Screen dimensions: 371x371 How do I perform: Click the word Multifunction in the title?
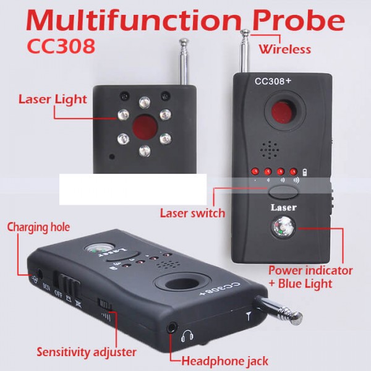pyautogui.click(x=134, y=20)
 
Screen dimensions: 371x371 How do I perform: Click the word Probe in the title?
pyautogui.click(x=298, y=20)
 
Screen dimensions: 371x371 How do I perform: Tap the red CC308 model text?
pyautogui.click(x=61, y=46)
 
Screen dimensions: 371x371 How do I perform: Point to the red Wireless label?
pyautogui.click(x=285, y=49)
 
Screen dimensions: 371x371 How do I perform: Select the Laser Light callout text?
pyautogui.click(x=53, y=100)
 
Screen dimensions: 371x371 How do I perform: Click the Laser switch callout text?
pyautogui.click(x=192, y=213)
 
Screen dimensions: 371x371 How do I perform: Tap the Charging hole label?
pyautogui.click(x=38, y=228)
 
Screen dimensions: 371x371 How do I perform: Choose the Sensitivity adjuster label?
pyautogui.click(x=87, y=352)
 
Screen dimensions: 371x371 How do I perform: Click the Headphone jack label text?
pyautogui.click(x=225, y=361)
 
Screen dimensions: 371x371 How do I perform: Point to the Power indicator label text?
pyautogui.click(x=310, y=270)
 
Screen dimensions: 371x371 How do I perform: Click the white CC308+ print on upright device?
pyautogui.click(x=273, y=81)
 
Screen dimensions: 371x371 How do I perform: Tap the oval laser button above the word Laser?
pyautogui.click(x=283, y=192)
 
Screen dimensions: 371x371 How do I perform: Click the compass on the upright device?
pyautogui.click(x=283, y=228)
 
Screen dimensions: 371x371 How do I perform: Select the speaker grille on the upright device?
pyautogui.click(x=270, y=150)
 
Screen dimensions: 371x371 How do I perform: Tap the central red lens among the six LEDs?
pyautogui.click(x=145, y=127)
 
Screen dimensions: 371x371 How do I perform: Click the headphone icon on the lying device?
pyautogui.click(x=187, y=336)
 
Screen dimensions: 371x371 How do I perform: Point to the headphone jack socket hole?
pyautogui.click(x=173, y=328)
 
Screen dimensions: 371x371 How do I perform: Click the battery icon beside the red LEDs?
pyautogui.click(x=305, y=172)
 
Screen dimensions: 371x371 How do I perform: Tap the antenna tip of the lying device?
pyautogui.click(x=297, y=318)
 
